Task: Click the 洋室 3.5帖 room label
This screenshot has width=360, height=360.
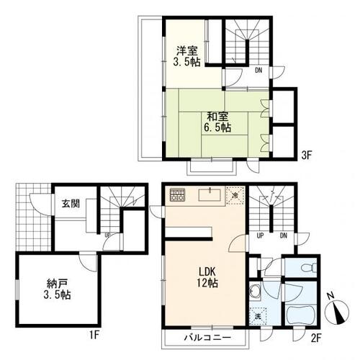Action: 187,56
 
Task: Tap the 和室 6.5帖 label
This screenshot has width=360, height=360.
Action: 217,122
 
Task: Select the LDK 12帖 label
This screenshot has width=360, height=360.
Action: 207,277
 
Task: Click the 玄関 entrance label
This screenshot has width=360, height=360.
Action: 71,204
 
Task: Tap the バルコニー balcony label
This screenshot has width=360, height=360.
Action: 207,338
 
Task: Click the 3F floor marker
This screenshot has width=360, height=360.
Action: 307,156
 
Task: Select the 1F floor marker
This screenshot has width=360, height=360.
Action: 94,335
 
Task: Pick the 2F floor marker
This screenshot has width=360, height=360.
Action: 316,338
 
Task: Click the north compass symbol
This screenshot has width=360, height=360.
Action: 337,310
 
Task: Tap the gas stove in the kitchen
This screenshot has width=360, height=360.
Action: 178,194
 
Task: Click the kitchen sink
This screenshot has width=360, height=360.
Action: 210,195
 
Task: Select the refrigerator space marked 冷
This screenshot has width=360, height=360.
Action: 235,195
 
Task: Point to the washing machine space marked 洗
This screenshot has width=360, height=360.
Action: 258,316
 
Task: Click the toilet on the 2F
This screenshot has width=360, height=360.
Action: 309,268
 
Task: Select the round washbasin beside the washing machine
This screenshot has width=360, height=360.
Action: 255,291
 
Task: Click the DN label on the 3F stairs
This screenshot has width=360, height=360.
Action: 258,71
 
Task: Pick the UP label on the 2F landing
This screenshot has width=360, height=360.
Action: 260,235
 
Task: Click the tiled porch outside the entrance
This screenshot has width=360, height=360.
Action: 33,217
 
